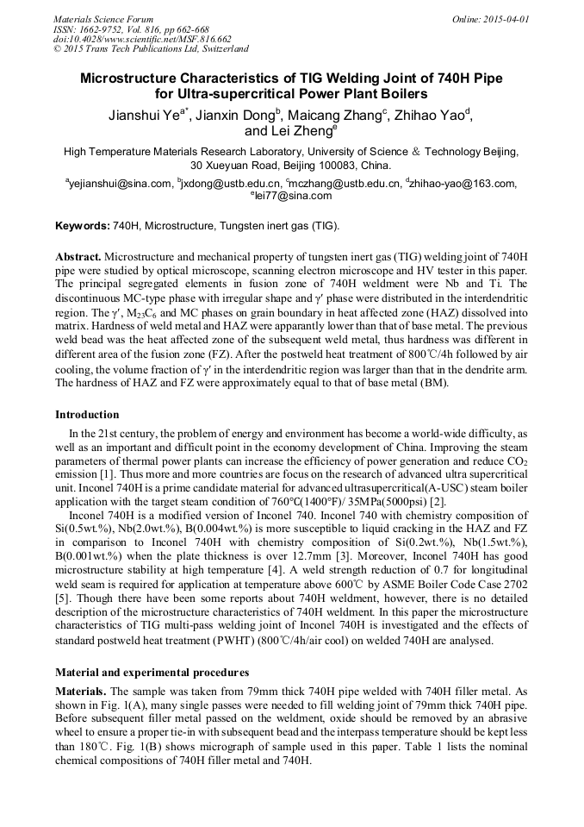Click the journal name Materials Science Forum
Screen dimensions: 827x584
(103, 18)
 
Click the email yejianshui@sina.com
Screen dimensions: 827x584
(120, 183)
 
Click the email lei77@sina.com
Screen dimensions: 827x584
(292, 196)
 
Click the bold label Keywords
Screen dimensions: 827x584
(82, 226)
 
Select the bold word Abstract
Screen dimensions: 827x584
(78, 258)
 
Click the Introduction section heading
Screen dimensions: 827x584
(87, 415)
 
